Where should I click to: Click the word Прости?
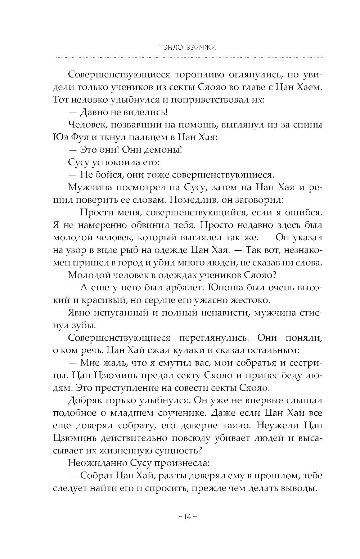(96, 212)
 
